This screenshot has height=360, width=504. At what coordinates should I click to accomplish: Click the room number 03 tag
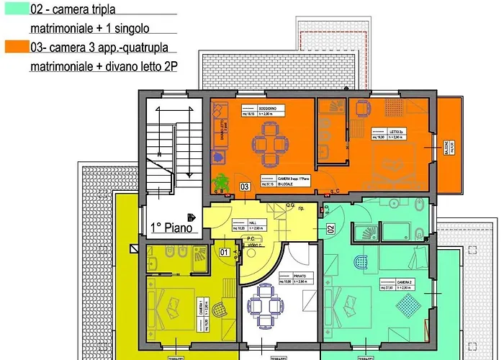[x=245, y=186]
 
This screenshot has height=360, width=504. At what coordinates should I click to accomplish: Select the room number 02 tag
[x=331, y=229]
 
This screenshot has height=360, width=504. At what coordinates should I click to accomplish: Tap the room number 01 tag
[x=224, y=252]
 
